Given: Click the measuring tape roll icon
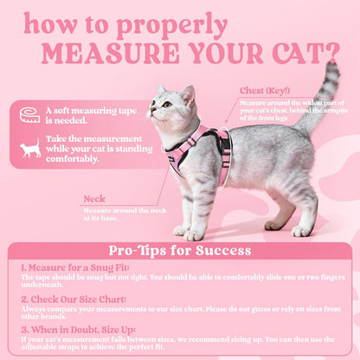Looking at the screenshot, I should coord(30,114).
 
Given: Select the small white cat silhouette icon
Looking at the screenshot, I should coord(30,150).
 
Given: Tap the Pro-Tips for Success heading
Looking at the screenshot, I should coord(180,251).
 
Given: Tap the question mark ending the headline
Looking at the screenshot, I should coord(331,54).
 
